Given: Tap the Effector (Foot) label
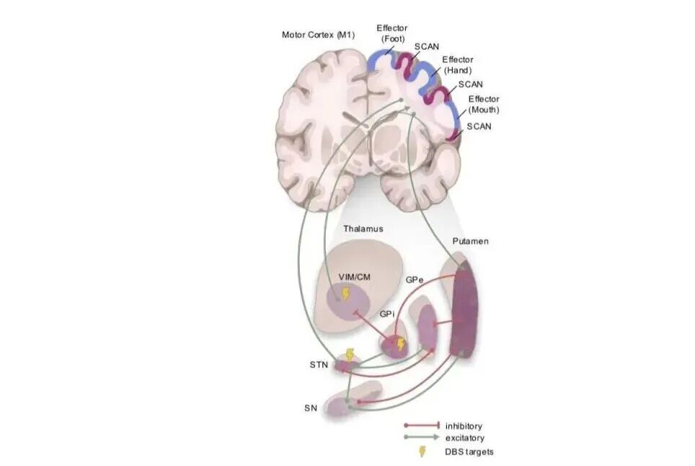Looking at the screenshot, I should click(391, 33).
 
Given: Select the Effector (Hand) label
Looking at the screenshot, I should click(457, 65).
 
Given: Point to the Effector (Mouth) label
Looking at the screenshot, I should click(484, 105).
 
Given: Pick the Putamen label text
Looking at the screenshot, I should click(470, 241).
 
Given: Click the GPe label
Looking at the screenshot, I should click(415, 278).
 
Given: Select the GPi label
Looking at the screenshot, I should click(387, 315).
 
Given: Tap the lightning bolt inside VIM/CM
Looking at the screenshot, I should click(346, 294).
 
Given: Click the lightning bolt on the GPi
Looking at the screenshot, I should click(401, 344).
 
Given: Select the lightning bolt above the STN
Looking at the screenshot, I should click(350, 354).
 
